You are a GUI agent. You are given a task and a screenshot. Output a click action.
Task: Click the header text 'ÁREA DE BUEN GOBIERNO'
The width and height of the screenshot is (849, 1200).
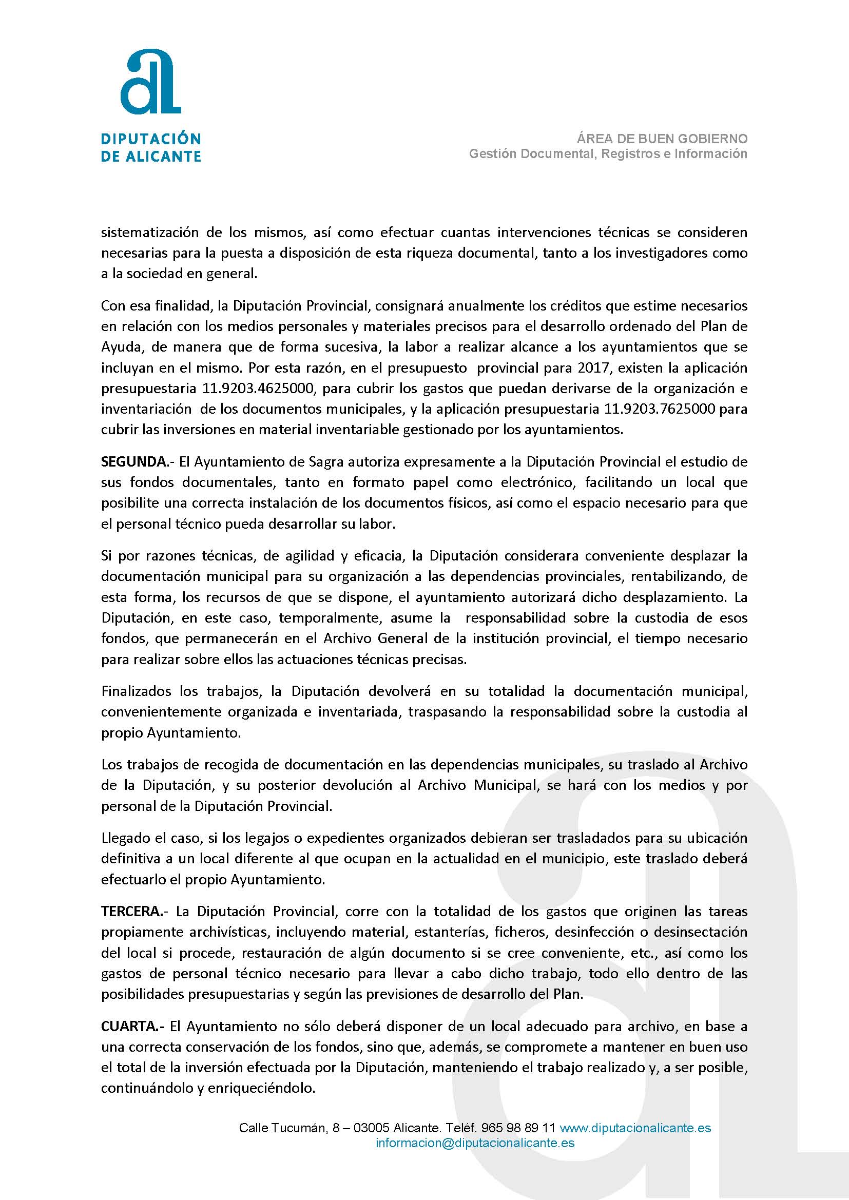pos(662,139)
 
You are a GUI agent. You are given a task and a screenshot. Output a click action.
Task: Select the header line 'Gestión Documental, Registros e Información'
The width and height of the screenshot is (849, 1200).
pos(608,153)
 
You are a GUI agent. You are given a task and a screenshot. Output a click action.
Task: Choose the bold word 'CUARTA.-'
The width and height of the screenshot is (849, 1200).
pos(133,1026)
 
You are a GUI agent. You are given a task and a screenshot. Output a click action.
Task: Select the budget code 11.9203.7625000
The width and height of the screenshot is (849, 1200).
pos(660,409)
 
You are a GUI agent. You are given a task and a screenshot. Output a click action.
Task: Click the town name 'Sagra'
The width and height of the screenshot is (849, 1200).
pos(327,461)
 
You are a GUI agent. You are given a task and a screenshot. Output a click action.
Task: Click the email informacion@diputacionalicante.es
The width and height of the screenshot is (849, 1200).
pos(475,1143)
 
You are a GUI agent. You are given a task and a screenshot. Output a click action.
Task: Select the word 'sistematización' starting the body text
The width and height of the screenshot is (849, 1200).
pos(149,232)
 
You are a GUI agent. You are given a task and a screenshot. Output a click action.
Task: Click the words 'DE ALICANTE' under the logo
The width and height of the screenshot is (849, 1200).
pos(150,156)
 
